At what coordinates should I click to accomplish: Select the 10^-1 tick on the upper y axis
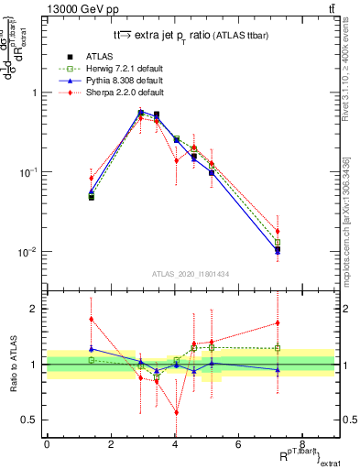[32, 172]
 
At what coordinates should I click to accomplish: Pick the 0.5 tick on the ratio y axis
[32, 420]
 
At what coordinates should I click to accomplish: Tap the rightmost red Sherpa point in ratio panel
[278, 322]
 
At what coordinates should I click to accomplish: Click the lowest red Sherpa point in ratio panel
[175, 412]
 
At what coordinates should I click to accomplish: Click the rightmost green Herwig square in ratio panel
[278, 348]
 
